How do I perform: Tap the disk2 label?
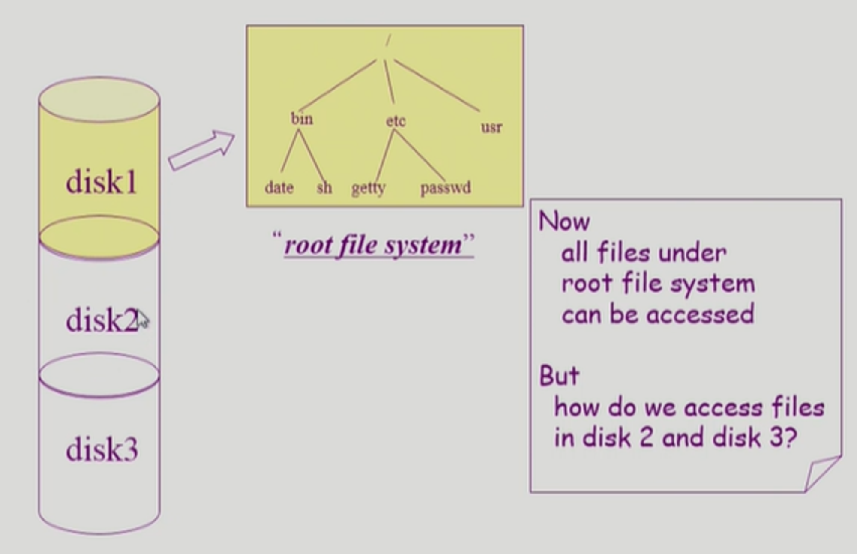coord(101,320)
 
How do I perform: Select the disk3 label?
coord(102,449)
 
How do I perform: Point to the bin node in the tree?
coord(302,119)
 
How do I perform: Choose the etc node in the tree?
coord(395,121)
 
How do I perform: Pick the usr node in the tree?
coord(491,127)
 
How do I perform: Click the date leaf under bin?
coord(279,188)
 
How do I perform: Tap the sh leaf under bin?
coord(324,188)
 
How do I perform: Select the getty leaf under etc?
coord(368,189)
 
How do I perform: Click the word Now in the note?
coord(564,222)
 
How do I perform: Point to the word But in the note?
coord(559,376)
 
